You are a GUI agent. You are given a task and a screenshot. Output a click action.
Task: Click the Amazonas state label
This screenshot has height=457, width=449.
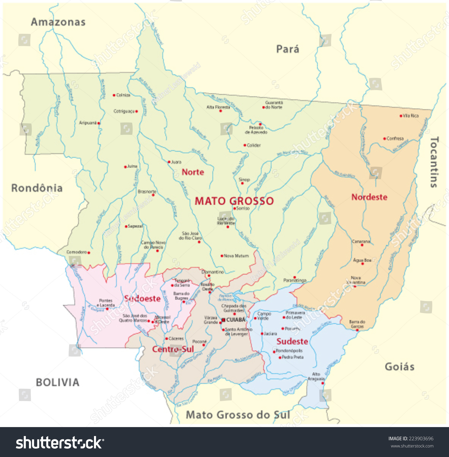coord(58,22)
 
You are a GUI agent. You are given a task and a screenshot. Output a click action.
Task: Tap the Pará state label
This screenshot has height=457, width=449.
coord(287,49)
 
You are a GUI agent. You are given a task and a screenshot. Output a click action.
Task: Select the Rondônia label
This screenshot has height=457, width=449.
coord(37,188)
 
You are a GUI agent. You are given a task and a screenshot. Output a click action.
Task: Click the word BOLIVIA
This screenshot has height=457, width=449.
coord(57,382)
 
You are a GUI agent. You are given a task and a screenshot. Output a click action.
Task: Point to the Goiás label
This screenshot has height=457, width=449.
coord(400,367)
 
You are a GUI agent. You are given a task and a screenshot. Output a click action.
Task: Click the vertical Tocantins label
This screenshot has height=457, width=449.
coord(434,162)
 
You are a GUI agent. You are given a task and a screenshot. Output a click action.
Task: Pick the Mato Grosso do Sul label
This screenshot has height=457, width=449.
coord(238,415)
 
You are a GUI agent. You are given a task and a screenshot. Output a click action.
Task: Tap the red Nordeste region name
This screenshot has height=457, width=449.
coord(369,197)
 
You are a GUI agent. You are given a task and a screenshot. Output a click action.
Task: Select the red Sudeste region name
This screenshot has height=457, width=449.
coord(292,341)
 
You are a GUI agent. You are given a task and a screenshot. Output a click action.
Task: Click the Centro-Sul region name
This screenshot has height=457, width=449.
coord(173,349)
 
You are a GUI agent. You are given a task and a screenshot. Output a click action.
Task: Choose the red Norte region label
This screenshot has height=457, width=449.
coord(193,172)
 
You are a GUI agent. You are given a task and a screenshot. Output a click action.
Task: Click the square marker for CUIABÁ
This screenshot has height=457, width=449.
coord(223,320)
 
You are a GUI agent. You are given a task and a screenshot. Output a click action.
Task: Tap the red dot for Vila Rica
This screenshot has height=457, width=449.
coord(401,116)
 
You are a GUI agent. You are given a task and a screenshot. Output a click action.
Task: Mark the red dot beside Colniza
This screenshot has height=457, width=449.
coord(114,95)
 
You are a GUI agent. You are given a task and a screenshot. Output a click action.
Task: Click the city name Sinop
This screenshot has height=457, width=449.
coord(244,180)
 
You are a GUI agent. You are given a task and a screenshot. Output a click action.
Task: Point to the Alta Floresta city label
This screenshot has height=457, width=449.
coord(218,107)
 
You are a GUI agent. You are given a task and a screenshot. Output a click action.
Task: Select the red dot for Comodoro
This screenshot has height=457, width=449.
coord(89,253)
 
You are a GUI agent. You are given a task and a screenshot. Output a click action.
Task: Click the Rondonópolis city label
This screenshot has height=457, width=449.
coord(289,350)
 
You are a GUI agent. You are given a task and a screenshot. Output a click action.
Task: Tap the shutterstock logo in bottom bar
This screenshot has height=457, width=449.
coord(60,443)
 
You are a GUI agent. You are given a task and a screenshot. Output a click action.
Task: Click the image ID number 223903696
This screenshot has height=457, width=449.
coord(421,438)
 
